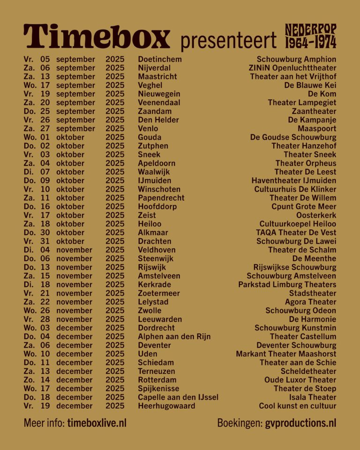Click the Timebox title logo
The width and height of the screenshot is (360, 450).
click(97, 37)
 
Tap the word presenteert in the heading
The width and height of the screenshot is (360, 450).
click(229, 41)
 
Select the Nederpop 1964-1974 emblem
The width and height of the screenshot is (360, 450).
click(311, 37)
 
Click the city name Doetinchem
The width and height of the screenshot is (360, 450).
click(160, 60)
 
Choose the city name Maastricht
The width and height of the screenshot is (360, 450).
click(157, 76)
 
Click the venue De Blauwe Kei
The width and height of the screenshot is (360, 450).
click(310, 85)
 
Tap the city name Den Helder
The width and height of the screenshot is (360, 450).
click(158, 120)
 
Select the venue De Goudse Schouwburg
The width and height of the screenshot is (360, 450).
click(293, 137)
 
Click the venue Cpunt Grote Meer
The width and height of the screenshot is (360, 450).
click(304, 206)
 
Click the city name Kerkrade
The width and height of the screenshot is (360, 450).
click(154, 285)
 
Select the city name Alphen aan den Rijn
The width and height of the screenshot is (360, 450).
click(174, 337)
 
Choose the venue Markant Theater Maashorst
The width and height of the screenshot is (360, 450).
click(286, 354)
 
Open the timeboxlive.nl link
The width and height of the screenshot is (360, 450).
click(97, 423)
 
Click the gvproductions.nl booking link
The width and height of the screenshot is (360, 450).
click(300, 423)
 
